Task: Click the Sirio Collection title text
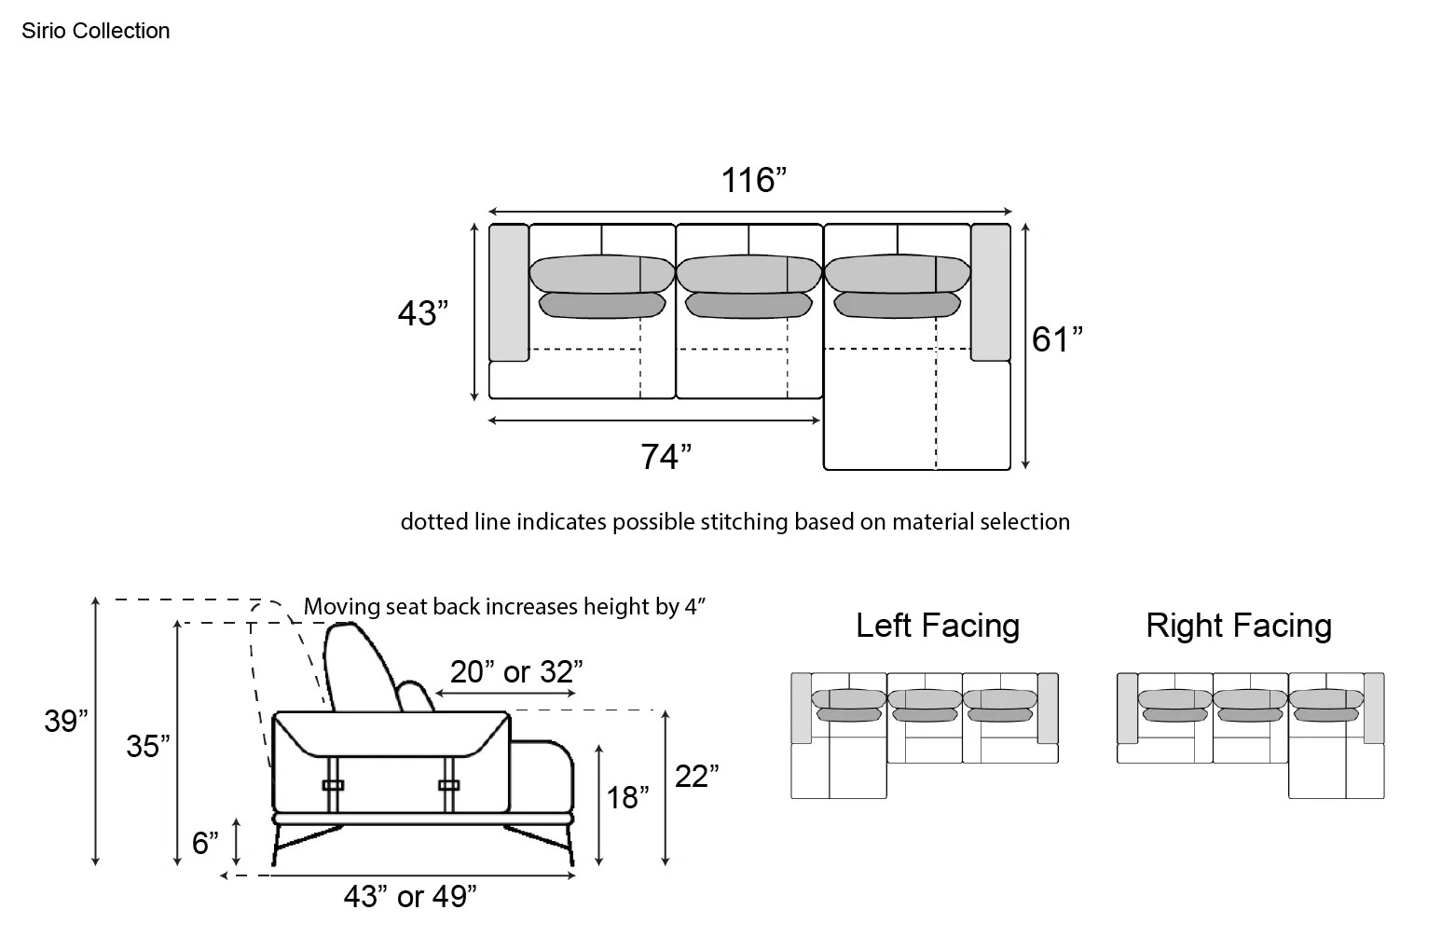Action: coord(95,31)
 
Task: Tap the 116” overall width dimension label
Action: coord(754,180)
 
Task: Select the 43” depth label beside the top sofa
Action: coord(423,313)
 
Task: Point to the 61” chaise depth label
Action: coord(1058,339)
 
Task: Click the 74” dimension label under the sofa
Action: coord(666,457)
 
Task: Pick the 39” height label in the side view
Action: coord(65,721)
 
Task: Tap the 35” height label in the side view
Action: coord(148,746)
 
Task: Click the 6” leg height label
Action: coord(205,843)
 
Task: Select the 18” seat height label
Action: coord(627,798)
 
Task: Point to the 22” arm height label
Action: coord(696,777)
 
